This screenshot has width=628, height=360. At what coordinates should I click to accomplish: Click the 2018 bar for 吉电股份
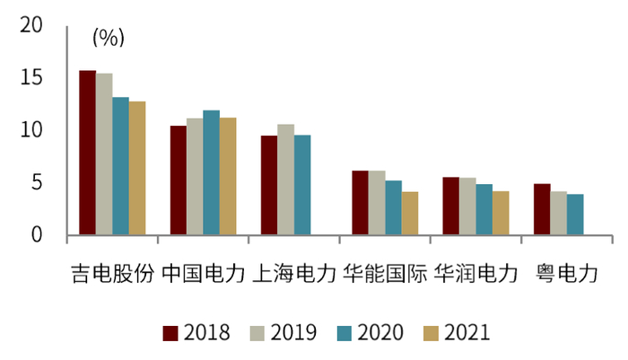pos(87,153)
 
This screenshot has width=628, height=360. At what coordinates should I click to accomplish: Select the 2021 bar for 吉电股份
pos(136,168)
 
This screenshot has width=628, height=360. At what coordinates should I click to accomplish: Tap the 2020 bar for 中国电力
pos(211,173)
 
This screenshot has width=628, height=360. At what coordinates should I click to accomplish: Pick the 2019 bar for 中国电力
pos(195,177)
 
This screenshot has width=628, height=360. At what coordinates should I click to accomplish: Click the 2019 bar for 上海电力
pos(285,180)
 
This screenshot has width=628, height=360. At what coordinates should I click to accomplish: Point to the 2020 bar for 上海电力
pos(302,185)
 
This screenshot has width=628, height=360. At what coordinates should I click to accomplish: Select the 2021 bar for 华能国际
pos(409,214)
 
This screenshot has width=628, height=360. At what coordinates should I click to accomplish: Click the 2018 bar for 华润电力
pos(450,206)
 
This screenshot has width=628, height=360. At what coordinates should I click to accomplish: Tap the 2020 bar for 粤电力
pos(574,215)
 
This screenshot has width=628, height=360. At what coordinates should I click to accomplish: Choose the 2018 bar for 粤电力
pos(541,209)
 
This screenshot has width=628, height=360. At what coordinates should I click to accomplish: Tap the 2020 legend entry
pos(370,333)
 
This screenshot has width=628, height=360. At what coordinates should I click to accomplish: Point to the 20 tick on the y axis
pos(31,26)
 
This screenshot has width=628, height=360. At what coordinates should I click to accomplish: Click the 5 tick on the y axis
pos(37,183)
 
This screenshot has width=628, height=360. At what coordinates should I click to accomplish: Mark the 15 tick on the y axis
pos(31,78)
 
